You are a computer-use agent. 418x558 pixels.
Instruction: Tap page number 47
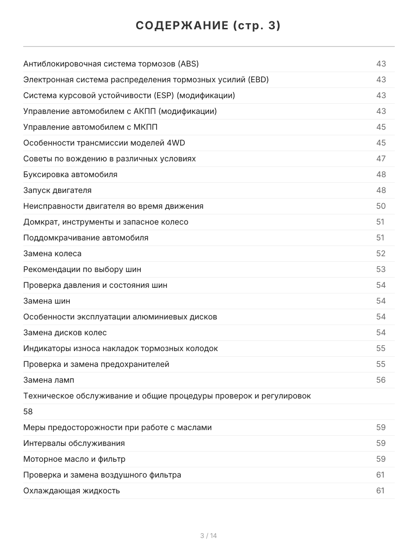click(x=381, y=159)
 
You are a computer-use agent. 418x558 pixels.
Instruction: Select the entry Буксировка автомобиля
click(x=70, y=174)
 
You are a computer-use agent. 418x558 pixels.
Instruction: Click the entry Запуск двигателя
click(x=58, y=190)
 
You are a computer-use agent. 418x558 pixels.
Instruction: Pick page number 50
click(x=381, y=206)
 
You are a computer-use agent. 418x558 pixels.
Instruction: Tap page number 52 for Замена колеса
click(x=381, y=253)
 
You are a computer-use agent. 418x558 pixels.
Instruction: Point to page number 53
click(x=381, y=269)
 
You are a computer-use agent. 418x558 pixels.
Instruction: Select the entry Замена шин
click(x=47, y=301)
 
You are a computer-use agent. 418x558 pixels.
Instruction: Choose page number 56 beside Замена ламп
click(x=381, y=380)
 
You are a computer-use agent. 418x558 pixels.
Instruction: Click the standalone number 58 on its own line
click(x=28, y=412)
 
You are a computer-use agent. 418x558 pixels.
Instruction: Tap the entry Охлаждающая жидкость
click(x=72, y=491)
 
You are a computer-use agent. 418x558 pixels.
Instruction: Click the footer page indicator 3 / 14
click(x=209, y=536)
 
